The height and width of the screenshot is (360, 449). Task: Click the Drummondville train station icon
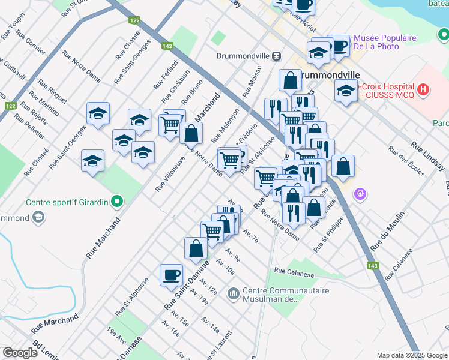277,56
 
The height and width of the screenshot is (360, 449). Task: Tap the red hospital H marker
424,90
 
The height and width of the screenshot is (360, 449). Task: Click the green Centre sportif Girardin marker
118,202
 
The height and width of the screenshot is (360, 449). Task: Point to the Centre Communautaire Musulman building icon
233,294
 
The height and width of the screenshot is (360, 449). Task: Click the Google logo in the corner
20,353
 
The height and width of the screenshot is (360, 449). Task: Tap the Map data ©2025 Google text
411,355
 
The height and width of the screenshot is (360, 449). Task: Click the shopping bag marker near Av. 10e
196,248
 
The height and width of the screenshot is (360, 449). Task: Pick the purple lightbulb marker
360,194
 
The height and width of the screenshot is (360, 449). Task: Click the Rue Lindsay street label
427,154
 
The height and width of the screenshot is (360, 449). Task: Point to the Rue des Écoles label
406,161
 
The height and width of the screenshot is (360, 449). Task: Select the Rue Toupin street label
12,27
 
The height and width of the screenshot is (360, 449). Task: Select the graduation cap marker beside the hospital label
346,91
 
